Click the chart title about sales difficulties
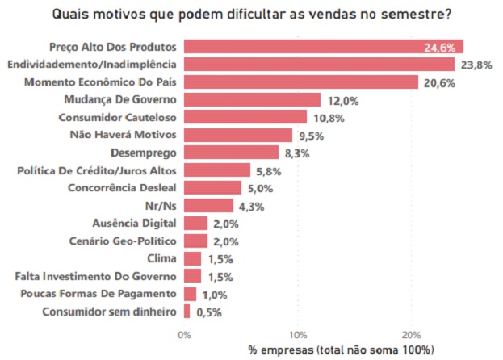251,14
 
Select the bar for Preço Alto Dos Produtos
323,47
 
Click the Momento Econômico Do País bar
300,82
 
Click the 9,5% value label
310,135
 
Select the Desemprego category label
143,153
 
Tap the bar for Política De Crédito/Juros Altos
216,170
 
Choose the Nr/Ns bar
208,206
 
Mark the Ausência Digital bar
195,224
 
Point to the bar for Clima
192,258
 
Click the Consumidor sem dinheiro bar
187,312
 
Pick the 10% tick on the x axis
298,334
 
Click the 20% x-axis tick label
412,334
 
